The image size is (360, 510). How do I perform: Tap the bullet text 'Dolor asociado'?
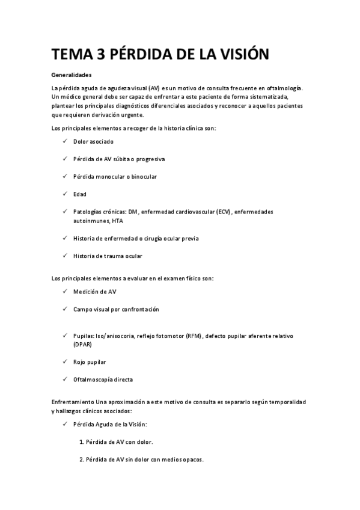93,142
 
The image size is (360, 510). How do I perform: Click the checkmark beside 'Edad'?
64,194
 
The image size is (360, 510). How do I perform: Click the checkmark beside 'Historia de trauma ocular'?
64,256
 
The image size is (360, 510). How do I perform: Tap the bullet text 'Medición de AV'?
95,292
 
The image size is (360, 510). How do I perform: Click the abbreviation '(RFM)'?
192,336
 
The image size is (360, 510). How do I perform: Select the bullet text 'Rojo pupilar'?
90,362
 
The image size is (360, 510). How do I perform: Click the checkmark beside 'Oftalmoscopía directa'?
64,379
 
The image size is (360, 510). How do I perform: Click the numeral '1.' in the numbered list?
81,442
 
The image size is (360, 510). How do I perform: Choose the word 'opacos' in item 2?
192,460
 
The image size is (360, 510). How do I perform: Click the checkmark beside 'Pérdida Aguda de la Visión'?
64,424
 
